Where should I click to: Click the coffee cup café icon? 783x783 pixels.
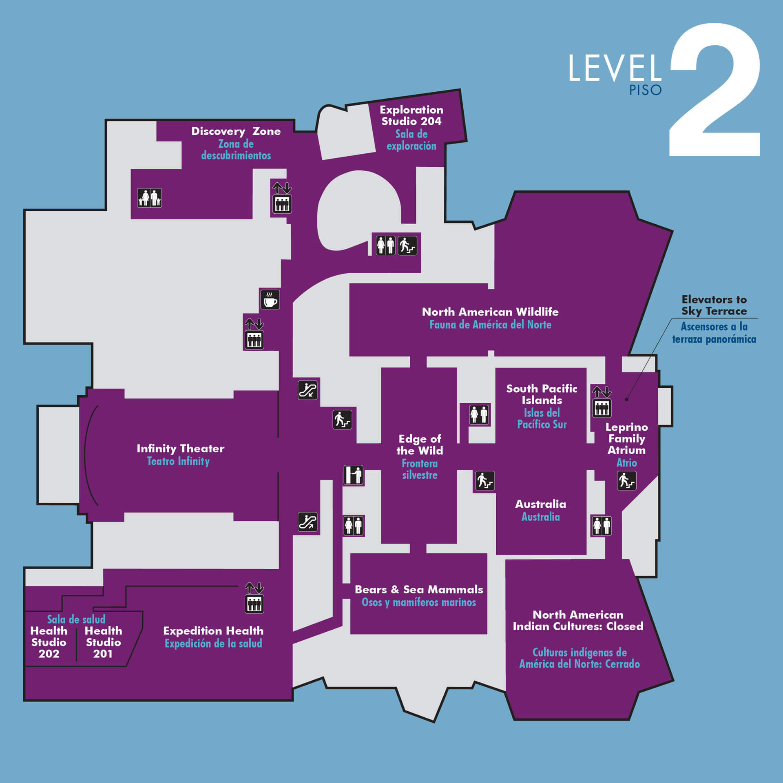point(270,300)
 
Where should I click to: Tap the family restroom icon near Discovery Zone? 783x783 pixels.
point(149,198)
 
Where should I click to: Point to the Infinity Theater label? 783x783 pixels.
point(180,449)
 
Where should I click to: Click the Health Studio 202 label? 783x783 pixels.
point(49,642)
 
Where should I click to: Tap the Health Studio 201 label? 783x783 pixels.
point(103,642)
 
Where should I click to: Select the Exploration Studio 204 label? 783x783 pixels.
point(411,115)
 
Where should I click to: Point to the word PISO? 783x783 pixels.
point(645,90)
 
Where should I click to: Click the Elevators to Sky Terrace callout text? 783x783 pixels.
point(714,305)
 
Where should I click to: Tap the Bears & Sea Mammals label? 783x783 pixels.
point(419,589)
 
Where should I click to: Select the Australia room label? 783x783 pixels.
point(540,504)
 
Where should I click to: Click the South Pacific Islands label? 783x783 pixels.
point(542,394)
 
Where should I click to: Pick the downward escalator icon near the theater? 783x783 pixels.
point(307,390)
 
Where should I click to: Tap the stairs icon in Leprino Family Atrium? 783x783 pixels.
point(626,480)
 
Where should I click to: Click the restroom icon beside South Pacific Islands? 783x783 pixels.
point(479,414)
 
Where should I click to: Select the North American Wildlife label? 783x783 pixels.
point(490,312)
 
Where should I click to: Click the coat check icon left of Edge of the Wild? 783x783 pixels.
point(353,475)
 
